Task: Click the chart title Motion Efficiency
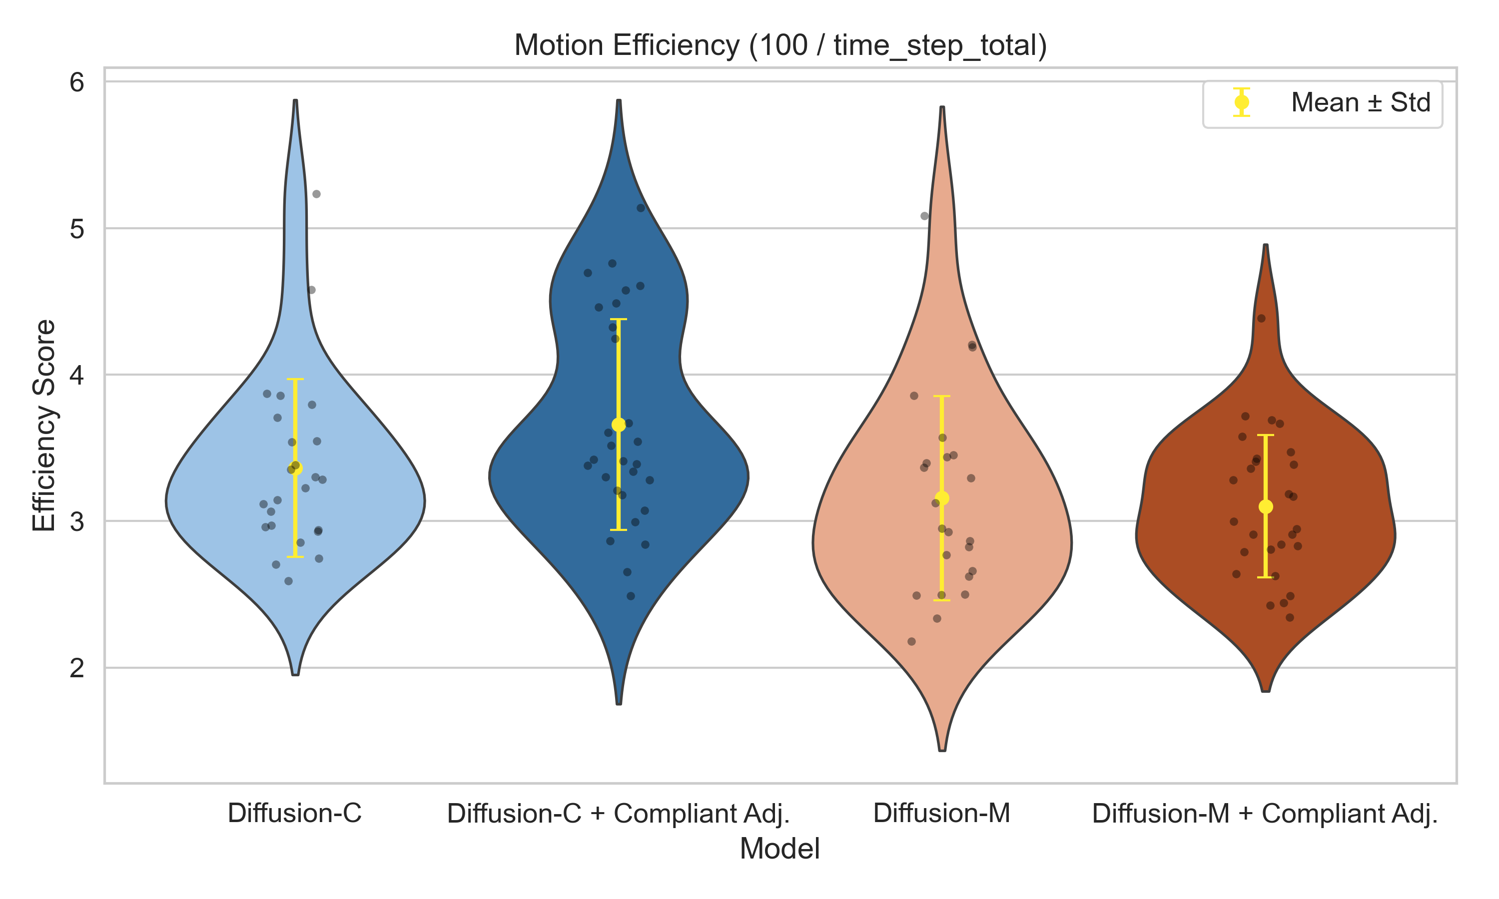coord(780,45)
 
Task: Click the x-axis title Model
coord(780,849)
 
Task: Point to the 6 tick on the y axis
coord(77,82)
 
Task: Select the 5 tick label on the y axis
coord(77,229)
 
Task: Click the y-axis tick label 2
coord(77,668)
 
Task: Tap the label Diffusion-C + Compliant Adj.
coord(618,813)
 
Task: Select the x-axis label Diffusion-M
coord(941,813)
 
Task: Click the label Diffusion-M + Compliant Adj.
coord(1265,813)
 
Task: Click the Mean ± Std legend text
coord(1360,102)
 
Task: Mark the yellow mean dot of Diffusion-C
coord(295,467)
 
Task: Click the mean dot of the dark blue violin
coord(619,425)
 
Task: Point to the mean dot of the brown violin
coord(1266,506)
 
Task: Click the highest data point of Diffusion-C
coord(316,194)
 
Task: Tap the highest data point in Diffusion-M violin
coord(924,216)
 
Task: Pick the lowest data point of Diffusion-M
coord(912,641)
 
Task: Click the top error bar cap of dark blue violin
coord(619,319)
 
